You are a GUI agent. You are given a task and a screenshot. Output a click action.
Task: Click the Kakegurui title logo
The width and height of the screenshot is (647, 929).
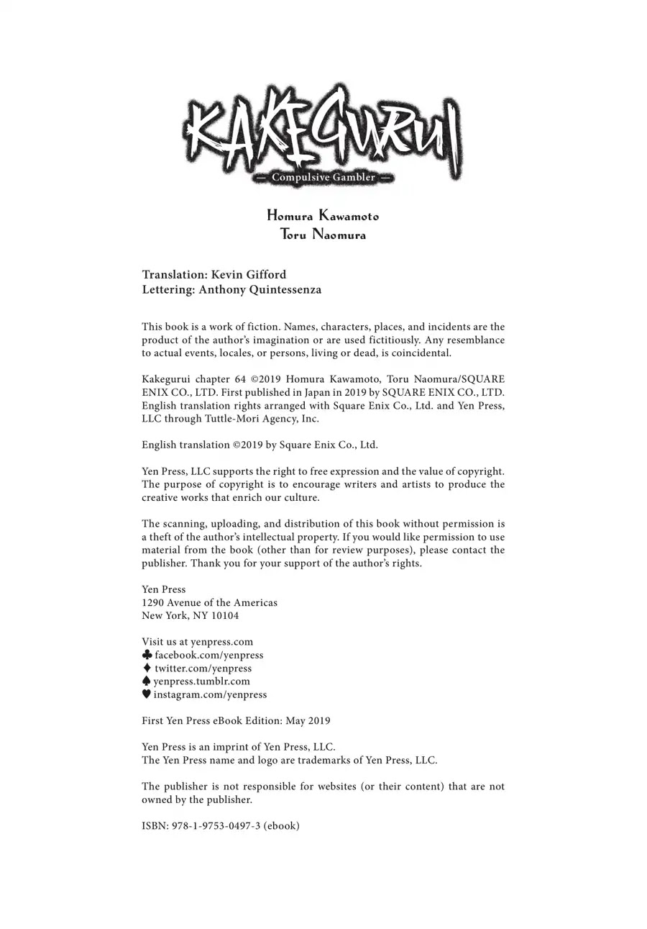[322, 130]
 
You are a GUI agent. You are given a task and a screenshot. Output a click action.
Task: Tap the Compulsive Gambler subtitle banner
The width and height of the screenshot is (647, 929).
[323, 177]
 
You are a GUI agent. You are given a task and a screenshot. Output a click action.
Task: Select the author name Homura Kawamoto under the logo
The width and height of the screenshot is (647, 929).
[323, 216]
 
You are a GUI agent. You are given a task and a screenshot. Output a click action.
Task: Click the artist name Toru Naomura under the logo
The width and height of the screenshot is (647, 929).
[323, 235]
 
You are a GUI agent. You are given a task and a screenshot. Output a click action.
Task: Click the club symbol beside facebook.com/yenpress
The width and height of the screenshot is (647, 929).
[147, 655]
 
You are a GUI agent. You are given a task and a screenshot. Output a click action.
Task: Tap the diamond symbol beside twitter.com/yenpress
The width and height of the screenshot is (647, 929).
[147, 668]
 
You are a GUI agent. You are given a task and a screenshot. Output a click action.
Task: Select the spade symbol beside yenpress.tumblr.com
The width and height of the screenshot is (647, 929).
[147, 681]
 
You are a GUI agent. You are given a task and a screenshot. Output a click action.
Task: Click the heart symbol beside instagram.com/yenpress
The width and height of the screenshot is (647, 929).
[147, 694]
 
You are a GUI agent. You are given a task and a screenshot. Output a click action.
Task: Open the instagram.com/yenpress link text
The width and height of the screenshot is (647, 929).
[210, 694]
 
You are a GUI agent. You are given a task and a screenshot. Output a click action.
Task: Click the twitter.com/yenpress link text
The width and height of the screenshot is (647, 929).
[203, 669]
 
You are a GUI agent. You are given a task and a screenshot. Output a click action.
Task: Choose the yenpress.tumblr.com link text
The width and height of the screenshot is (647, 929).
[202, 681]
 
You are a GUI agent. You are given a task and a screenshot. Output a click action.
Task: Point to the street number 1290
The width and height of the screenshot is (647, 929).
[152, 603]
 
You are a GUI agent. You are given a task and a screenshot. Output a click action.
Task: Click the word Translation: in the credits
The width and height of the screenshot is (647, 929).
[175, 275]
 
